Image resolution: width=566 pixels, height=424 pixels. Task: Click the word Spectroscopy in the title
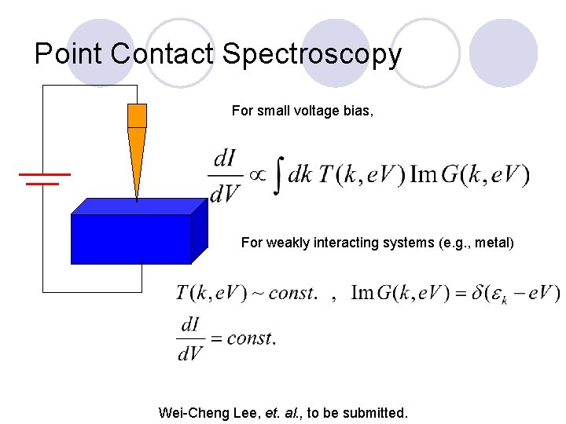click(312, 54)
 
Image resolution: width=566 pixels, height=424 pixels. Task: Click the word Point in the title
click(69, 54)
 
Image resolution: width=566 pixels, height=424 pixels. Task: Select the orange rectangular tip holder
click(137, 115)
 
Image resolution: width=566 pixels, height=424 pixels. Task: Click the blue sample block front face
click(131, 239)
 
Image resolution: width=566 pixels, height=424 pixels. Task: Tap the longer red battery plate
click(45, 174)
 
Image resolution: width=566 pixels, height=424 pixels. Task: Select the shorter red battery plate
click(42, 184)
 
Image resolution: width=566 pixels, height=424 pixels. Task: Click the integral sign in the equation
click(277, 176)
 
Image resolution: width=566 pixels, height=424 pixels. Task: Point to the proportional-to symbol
click(256, 175)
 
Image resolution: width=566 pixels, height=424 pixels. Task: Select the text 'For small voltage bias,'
click(303, 111)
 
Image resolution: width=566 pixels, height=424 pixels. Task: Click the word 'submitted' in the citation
click(377, 412)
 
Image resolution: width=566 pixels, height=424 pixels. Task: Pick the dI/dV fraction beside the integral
click(225, 175)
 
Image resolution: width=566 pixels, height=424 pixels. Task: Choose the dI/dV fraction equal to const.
click(191, 338)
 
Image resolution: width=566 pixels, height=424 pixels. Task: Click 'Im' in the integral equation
click(423, 175)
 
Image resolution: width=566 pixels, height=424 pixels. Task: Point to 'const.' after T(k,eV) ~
click(293, 294)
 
